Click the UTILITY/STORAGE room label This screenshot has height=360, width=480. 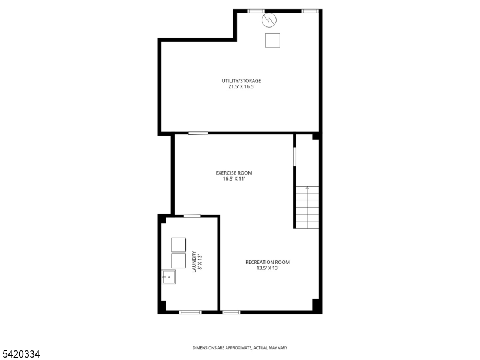tap(241, 80)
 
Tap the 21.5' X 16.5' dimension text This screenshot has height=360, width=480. tap(242, 86)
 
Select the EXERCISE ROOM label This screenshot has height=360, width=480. tap(234, 173)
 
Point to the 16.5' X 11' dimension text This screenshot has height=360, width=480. tap(234, 179)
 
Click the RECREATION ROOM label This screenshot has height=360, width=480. tap(268, 262)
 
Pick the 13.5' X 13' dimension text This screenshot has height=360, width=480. tap(268, 268)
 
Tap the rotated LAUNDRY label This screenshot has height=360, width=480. tap(193, 262)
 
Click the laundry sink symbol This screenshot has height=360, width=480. tap(169, 277)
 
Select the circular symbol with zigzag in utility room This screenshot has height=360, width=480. tap(269, 20)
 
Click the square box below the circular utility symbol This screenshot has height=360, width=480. tap(272, 40)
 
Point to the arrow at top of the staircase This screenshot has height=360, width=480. tap(307, 188)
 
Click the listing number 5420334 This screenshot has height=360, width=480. tap(20, 354)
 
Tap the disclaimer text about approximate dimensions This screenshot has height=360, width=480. tap(240, 348)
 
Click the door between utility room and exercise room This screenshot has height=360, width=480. tap(198, 133)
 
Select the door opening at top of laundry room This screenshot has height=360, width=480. tap(192, 216)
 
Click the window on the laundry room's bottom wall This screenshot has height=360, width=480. tap(190, 312)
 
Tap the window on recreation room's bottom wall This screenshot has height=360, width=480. tap(231, 312)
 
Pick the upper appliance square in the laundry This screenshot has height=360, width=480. tap(178, 245)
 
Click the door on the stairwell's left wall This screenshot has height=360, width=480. tap(295, 157)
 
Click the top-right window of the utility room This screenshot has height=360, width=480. tap(310, 11)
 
